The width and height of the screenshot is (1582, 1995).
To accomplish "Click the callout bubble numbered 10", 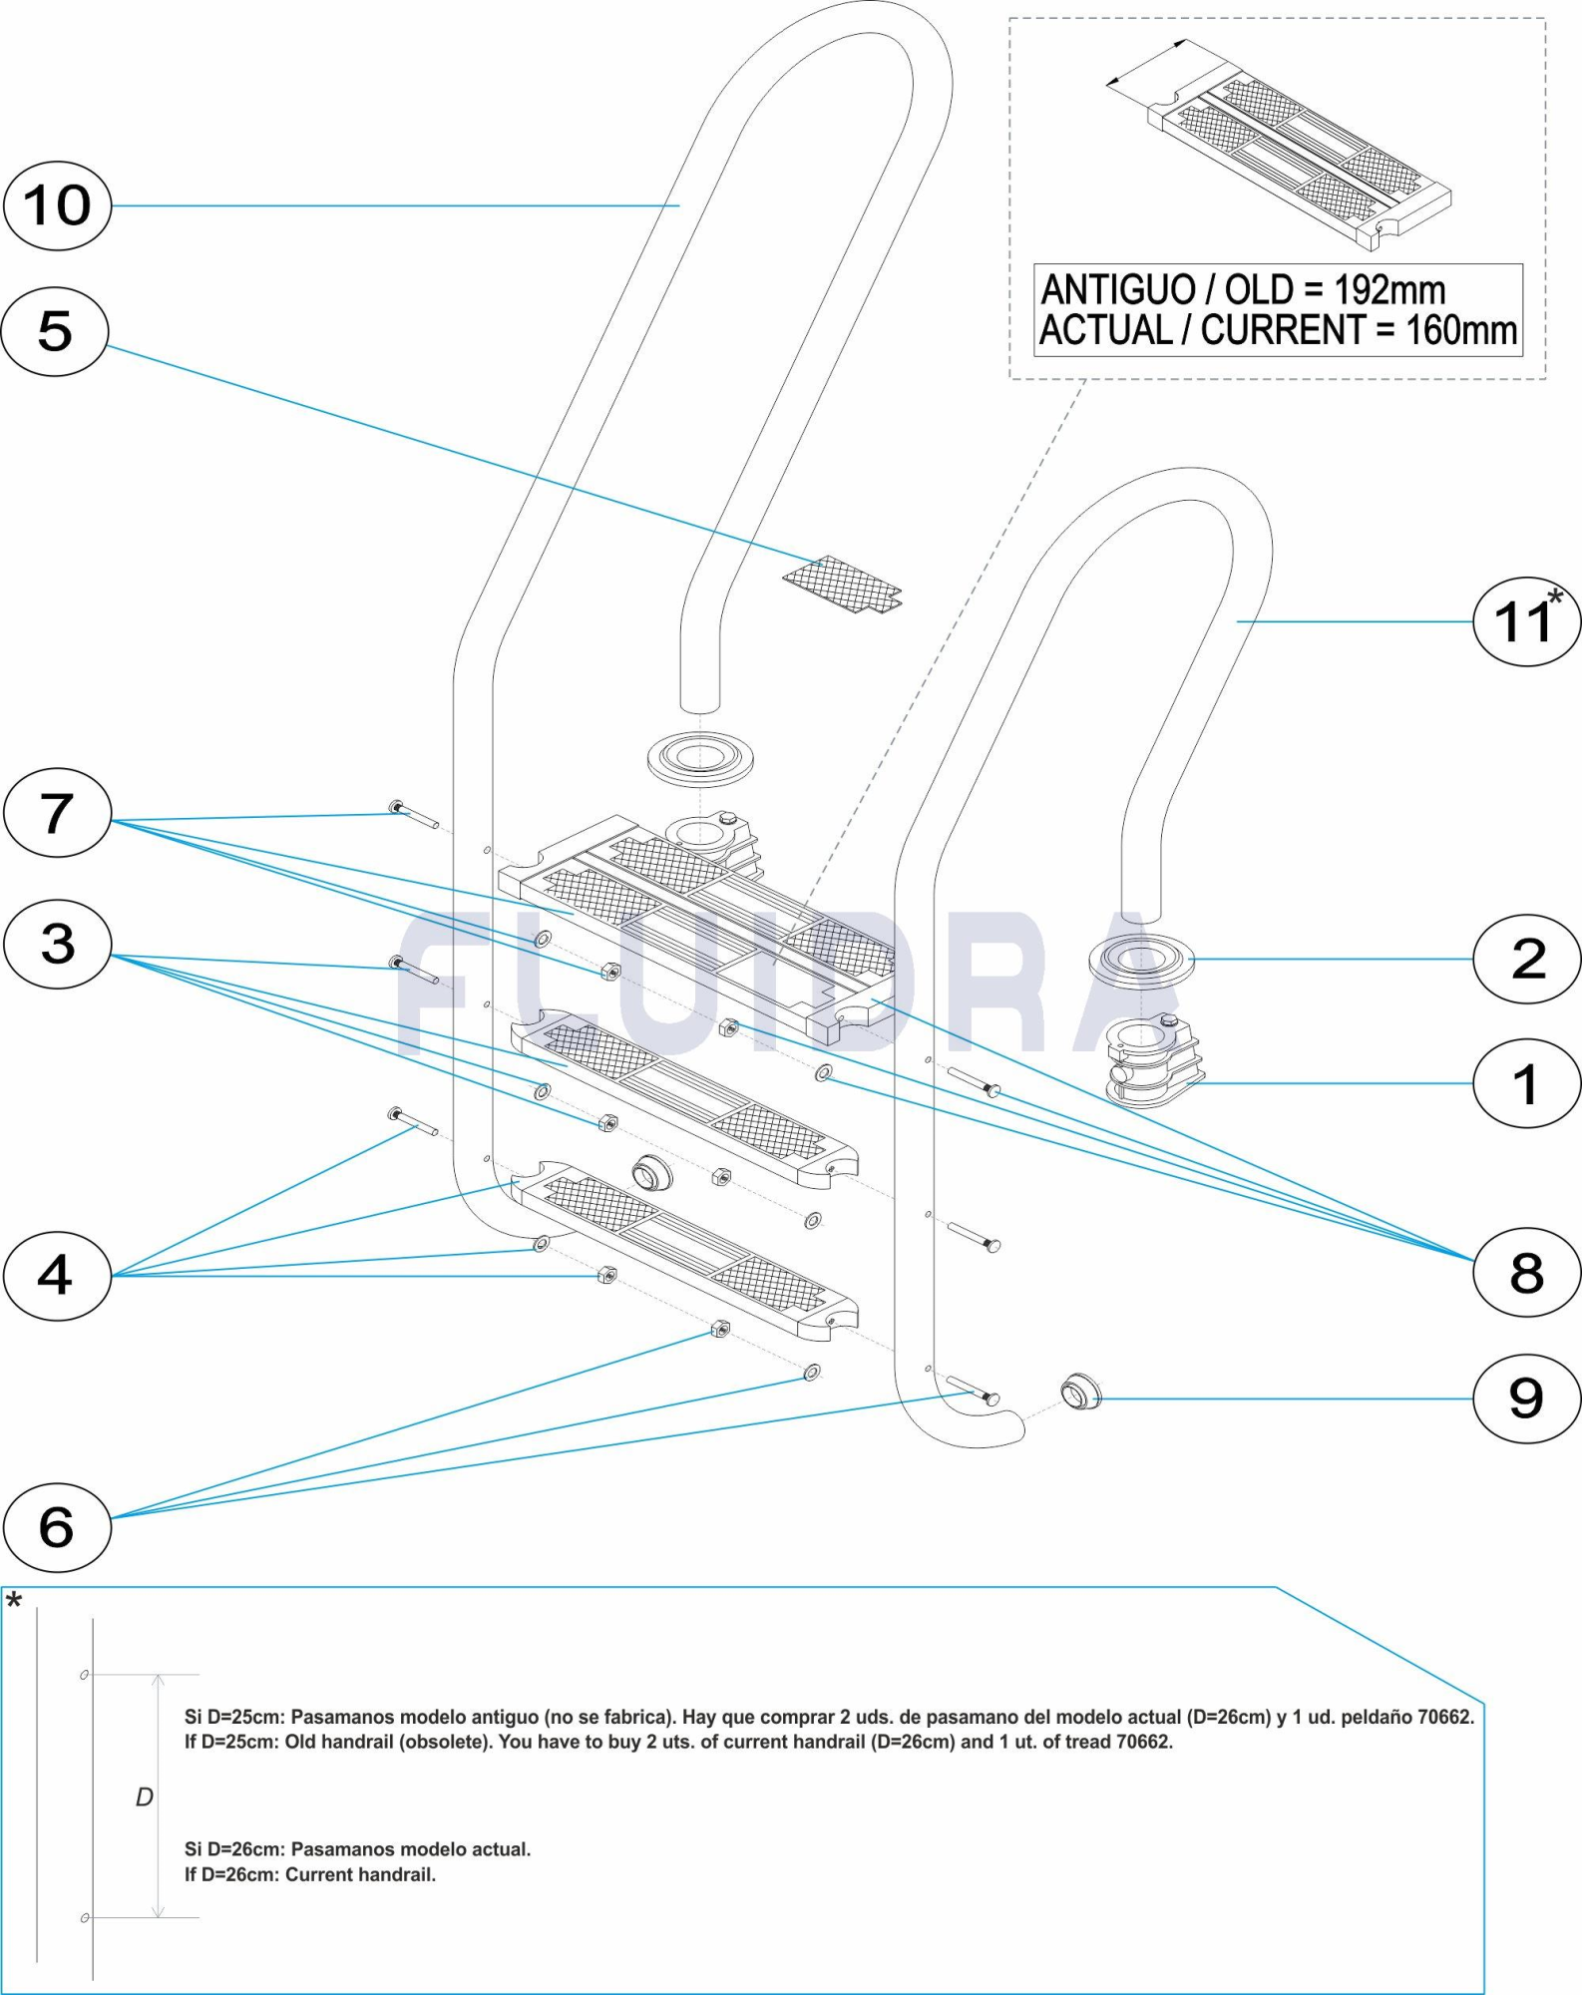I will [57, 205].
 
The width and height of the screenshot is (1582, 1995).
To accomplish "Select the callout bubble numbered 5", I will [55, 331].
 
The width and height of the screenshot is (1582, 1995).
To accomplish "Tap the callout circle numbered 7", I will [57, 813].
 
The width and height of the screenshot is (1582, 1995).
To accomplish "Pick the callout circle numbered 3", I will [57, 944].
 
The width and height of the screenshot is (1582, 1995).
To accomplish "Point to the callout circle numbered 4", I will [57, 1276].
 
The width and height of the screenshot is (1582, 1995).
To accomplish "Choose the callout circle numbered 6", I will [57, 1527].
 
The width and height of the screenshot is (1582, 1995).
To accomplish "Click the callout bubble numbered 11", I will [1525, 621].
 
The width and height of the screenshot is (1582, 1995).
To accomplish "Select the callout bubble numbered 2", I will [1526, 959].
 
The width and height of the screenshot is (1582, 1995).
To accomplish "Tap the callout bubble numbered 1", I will [1526, 1084].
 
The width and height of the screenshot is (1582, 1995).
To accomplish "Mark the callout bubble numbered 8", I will [1526, 1273].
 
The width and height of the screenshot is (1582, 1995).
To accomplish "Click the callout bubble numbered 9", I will [1526, 1398].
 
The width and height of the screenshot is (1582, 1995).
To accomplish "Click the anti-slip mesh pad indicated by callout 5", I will [843, 585].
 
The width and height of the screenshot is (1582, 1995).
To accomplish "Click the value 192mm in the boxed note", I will [1389, 290].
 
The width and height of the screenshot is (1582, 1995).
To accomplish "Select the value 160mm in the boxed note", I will [1461, 330].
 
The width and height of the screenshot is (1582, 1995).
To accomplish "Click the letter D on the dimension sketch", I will [145, 1797].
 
